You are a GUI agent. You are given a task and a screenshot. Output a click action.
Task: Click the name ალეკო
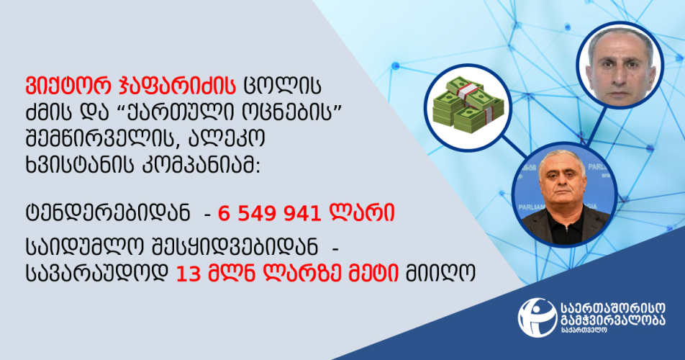[227, 140]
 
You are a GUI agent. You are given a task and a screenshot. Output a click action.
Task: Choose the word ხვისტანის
[79, 166]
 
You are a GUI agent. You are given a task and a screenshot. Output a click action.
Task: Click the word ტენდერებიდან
[108, 213]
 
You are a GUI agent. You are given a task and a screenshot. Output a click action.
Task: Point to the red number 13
[188, 274]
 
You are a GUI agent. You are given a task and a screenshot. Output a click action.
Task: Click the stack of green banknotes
[468, 105]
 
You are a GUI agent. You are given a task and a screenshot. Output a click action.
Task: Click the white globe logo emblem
[537, 317]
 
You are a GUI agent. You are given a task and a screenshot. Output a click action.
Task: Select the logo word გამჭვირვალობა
[613, 320]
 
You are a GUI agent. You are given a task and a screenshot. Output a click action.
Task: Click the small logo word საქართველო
[584, 330]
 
